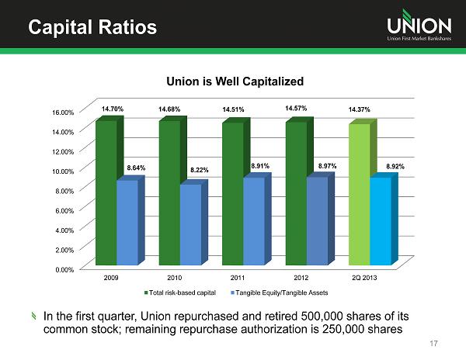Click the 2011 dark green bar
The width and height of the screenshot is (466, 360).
[232, 193]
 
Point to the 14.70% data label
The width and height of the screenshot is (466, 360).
[112, 110]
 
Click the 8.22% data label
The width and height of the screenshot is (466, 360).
[200, 169]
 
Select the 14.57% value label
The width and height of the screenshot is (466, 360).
[296, 107]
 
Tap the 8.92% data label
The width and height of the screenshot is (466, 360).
[395, 166]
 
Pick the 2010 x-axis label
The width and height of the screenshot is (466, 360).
[175, 277]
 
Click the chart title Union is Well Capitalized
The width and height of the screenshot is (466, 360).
[232, 81]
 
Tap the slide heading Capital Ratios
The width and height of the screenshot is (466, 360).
[92, 28]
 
